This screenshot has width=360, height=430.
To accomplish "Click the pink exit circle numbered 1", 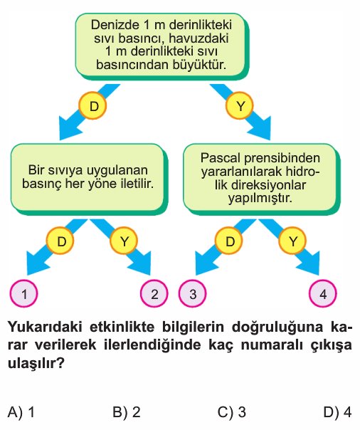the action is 24,293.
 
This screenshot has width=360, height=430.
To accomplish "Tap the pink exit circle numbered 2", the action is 154,293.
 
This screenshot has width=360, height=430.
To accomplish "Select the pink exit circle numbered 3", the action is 192,293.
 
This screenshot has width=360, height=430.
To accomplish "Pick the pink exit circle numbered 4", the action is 323,293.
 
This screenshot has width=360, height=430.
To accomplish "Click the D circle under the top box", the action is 92,105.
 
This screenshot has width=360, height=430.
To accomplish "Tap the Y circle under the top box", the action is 240,105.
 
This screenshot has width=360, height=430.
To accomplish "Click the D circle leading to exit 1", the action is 60,241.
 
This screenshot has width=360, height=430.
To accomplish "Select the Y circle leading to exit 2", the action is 124,241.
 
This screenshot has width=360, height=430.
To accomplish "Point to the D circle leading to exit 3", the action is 229,241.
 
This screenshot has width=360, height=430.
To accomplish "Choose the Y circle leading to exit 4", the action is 292,241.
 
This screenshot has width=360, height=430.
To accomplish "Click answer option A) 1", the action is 21,412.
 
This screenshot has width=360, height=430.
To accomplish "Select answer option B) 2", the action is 127,412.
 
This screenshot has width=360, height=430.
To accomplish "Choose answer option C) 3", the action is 232,412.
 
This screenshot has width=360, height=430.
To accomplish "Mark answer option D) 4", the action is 337,412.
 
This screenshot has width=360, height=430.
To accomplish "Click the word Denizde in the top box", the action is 115,25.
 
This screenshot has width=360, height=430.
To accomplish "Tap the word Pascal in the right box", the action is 220,158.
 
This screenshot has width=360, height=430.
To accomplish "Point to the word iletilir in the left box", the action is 137,184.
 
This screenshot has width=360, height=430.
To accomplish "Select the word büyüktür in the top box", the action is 199,65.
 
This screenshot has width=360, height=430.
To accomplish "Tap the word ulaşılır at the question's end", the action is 36,364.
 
